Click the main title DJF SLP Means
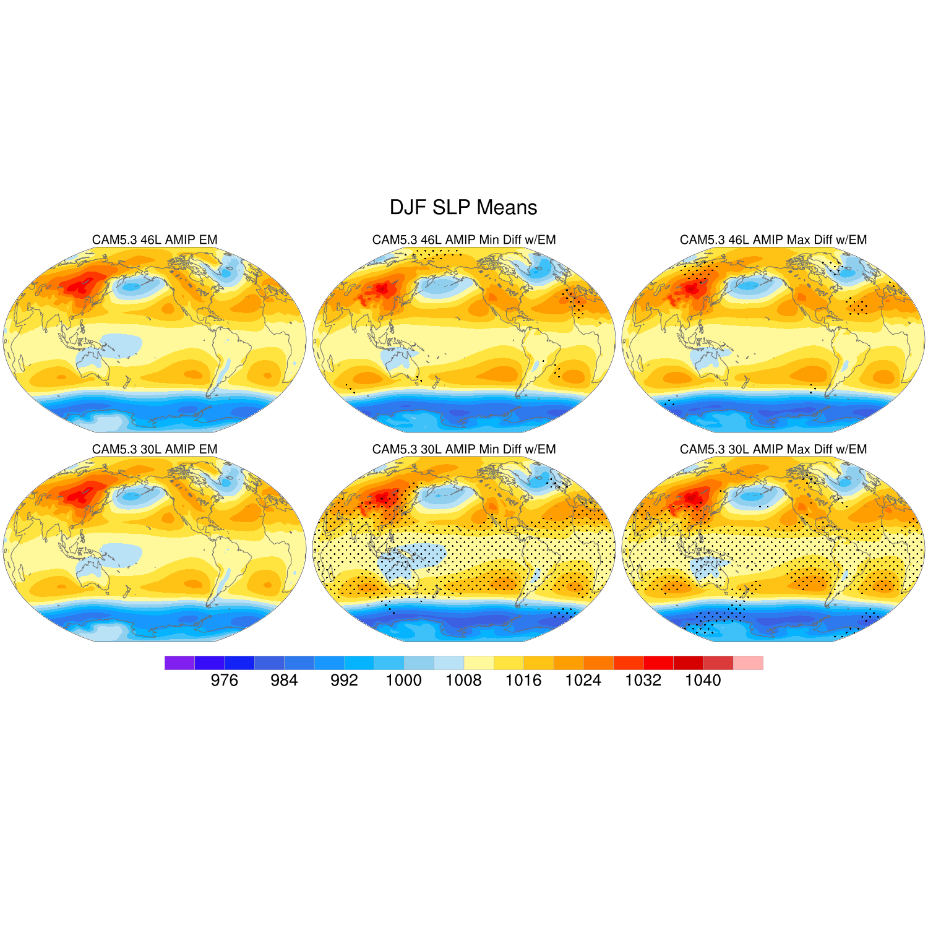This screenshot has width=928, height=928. pos(463,207)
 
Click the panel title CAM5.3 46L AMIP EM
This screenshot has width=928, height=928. pos(155,240)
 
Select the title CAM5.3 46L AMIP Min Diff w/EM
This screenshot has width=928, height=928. pos(464,240)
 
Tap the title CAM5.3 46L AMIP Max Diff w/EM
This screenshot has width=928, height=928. pos(773,240)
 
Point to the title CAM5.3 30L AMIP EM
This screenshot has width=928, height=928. pos(155,449)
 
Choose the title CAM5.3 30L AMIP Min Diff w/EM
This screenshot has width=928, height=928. pos(464,449)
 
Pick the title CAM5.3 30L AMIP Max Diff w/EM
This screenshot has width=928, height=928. pos(773,449)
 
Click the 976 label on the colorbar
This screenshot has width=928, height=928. pos(224,681)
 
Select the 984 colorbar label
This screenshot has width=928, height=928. pos(284,681)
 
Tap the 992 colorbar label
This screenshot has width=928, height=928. pos(344,681)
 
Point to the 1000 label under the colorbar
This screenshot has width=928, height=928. pos(403,681)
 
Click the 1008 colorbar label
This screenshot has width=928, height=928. pos(463,681)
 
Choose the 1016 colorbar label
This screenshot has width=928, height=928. pos(523,681)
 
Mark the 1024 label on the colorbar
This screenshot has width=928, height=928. pos(583,681)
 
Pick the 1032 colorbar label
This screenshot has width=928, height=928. pos(643,681)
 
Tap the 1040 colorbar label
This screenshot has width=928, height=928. pos(703,681)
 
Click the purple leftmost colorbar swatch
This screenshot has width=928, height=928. pos(179,663)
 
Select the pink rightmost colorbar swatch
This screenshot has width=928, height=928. pos(748,663)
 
